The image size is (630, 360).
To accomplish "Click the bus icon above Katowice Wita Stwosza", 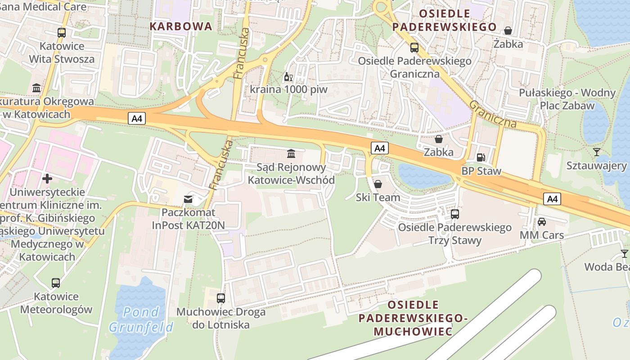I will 62,33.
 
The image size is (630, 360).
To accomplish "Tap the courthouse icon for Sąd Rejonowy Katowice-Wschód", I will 291,154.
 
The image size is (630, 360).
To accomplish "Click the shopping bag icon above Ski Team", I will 378,184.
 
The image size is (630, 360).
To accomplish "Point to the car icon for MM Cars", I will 542,222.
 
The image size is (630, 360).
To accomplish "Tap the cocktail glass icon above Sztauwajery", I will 597,152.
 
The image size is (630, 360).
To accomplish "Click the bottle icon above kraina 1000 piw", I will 288,76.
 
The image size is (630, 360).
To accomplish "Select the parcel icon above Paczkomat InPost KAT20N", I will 188,199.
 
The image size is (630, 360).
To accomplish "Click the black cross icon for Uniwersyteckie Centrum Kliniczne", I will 47,179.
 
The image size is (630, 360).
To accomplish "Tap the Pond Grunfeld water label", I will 141,319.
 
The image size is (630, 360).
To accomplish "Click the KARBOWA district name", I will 181,26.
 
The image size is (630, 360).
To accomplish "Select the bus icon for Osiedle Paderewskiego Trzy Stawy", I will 455,214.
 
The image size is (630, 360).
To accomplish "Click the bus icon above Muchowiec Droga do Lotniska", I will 220,298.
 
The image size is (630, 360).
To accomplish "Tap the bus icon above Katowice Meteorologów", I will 56,283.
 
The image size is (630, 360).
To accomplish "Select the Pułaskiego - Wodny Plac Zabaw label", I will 567,99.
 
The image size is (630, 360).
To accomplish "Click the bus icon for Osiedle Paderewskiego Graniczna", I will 414,48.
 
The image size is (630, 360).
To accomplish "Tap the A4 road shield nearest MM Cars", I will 552,198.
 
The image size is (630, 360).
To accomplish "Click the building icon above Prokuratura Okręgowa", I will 36,88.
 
